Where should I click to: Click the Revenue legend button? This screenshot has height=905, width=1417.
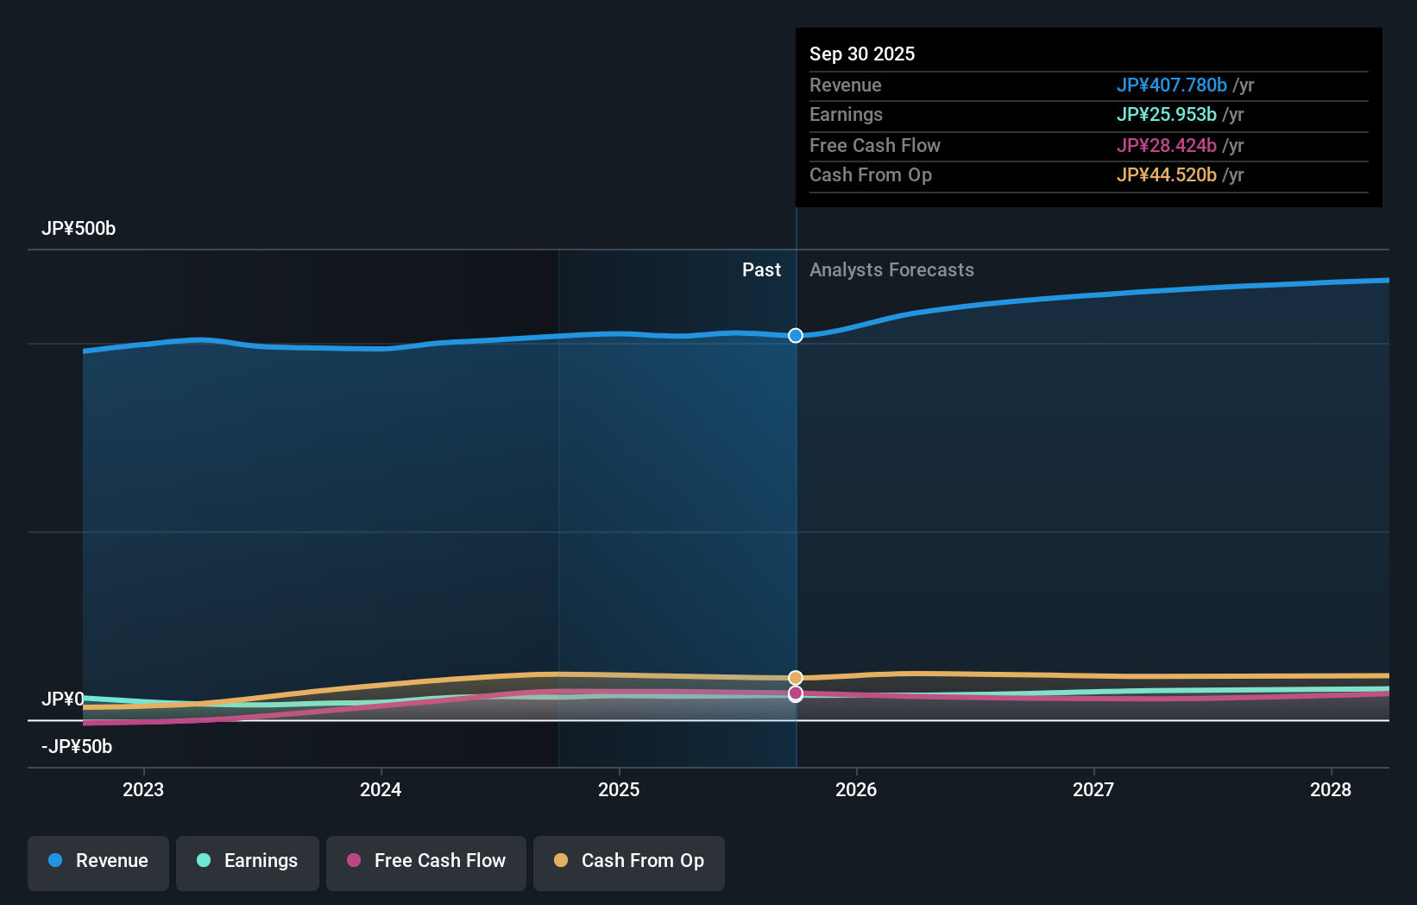(x=98, y=861)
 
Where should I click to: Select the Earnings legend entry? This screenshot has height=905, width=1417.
(x=248, y=861)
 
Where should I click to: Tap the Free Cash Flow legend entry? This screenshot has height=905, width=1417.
(x=426, y=861)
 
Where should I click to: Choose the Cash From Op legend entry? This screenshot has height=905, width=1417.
(x=629, y=861)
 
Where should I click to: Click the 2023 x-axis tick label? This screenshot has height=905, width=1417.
(x=143, y=789)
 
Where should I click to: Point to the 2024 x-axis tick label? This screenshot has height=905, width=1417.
(x=381, y=789)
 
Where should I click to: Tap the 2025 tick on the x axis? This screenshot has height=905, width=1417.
(x=619, y=789)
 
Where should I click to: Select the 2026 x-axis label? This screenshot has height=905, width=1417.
(x=856, y=789)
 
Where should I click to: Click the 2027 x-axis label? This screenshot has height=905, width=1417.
(x=1093, y=789)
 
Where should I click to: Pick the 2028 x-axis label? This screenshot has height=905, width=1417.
(x=1331, y=789)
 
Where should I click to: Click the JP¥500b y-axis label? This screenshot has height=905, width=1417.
(x=79, y=229)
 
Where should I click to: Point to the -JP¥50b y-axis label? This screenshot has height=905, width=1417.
(x=77, y=747)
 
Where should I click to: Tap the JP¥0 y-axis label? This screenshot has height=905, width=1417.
(x=63, y=699)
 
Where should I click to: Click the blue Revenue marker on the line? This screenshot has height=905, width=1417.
(x=796, y=335)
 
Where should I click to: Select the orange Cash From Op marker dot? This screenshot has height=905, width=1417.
(x=796, y=678)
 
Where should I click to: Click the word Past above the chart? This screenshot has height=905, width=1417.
(x=761, y=270)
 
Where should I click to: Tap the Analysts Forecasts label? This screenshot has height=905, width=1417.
(x=891, y=270)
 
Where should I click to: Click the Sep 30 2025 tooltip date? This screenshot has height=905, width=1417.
(x=862, y=54)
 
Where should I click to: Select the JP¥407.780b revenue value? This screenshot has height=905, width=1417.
(x=1171, y=85)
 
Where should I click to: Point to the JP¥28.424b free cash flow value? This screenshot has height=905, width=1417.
(x=1166, y=145)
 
